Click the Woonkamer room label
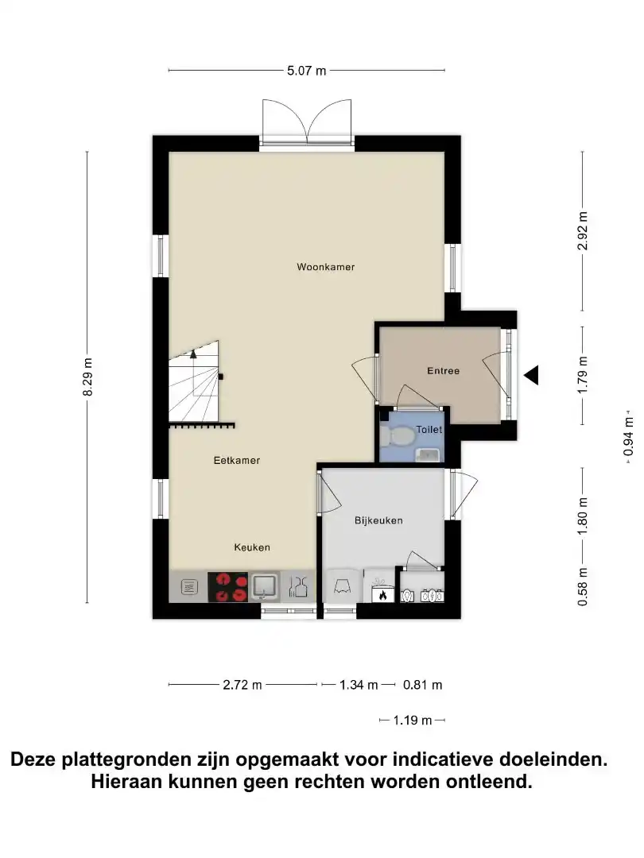click(326, 267)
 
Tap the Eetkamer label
click(237, 460)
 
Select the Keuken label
click(252, 547)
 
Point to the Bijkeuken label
click(378, 520)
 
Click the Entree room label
click(443, 370)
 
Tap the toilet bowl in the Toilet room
click(398, 436)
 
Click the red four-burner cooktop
click(228, 587)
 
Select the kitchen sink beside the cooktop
click(265, 586)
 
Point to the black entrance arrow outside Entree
click(531, 375)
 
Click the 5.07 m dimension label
click(307, 71)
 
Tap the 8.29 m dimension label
click(87, 377)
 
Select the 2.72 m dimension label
click(242, 685)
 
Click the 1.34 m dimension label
click(359, 685)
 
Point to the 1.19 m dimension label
click(413, 720)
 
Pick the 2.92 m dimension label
click(583, 231)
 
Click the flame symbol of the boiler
click(382, 594)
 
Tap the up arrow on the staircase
click(193, 354)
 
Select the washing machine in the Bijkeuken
click(343, 586)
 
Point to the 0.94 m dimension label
click(628, 436)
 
